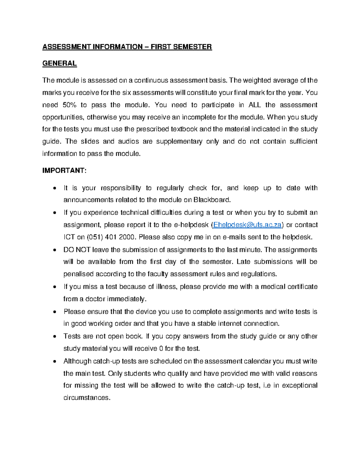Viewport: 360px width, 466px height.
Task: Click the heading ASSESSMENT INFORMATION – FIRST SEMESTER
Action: pyautogui.click(x=127, y=47)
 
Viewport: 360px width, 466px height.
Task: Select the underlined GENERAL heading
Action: pyautogui.click(x=59, y=64)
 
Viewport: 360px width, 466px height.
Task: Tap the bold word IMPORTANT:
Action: pyautogui.click(x=64, y=171)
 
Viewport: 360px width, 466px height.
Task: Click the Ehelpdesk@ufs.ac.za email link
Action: pyautogui.click(x=247, y=225)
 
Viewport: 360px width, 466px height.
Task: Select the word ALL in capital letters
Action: pyautogui.click(x=255, y=105)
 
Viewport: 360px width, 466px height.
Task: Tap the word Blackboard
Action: pyautogui.click(x=212, y=200)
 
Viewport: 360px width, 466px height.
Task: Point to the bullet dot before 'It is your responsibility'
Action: pyautogui.click(x=54, y=189)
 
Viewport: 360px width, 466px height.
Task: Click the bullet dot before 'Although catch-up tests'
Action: pyautogui.click(x=54, y=362)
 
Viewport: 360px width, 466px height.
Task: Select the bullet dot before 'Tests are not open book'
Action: pyautogui.click(x=54, y=337)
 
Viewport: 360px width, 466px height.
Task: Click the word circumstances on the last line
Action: pyautogui.click(x=87, y=398)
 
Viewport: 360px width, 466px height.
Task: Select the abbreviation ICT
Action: pyautogui.click(x=69, y=237)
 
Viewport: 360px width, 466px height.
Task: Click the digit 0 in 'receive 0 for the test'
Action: pyautogui.click(x=161, y=349)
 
